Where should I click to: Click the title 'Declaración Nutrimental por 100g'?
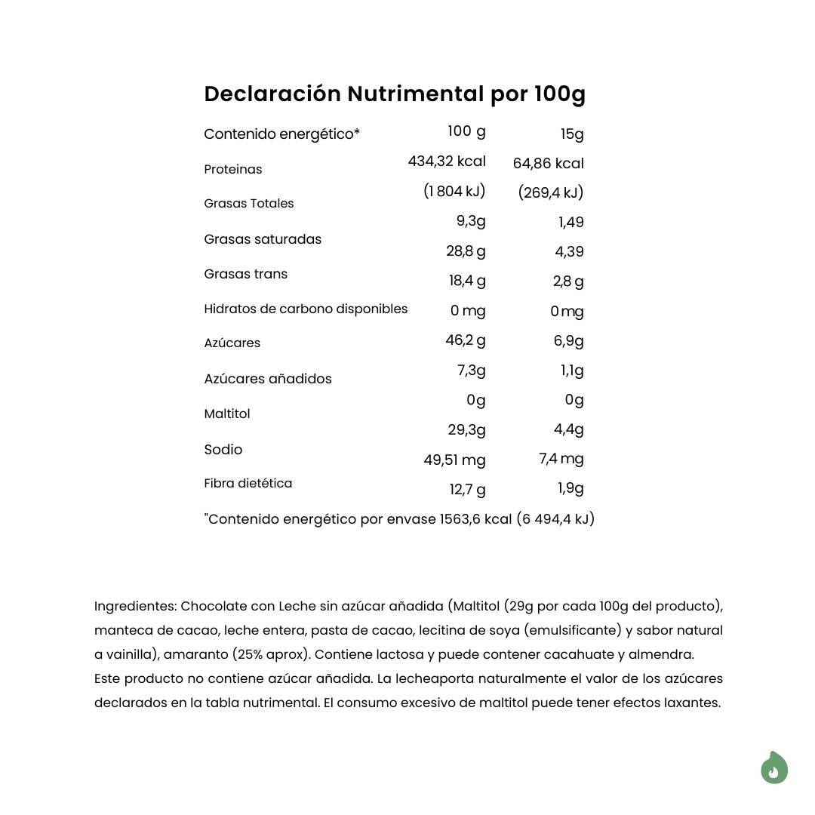395,94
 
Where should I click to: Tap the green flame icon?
773,768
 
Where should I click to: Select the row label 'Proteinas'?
233,169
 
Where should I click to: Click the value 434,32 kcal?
447,161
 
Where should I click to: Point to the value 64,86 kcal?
548,163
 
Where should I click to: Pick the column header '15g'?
572,135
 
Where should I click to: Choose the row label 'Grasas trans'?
245,274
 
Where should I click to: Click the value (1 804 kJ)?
454,192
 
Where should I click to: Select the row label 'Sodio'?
223,450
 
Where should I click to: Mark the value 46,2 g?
466,340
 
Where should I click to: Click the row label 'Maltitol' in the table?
227,414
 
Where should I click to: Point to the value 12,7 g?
468,489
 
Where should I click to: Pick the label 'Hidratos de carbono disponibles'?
306,309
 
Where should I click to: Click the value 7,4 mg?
561,459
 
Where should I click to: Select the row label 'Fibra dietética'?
248,483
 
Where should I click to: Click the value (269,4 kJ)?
551,193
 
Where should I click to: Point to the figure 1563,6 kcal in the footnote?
475,520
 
